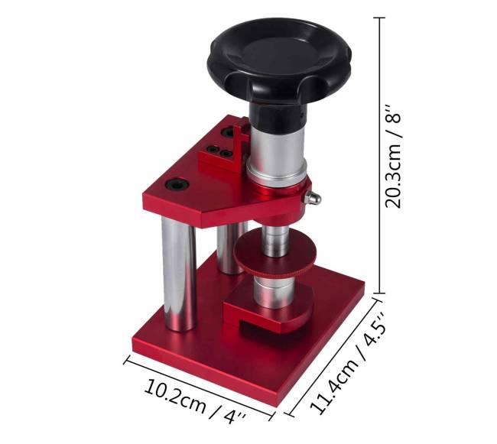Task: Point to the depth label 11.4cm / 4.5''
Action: coord(348,364)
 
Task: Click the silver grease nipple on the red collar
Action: coord(312,199)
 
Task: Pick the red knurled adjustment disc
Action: coord(275,254)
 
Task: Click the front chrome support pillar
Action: coord(179,274)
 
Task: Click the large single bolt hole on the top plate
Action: coord(177,184)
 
